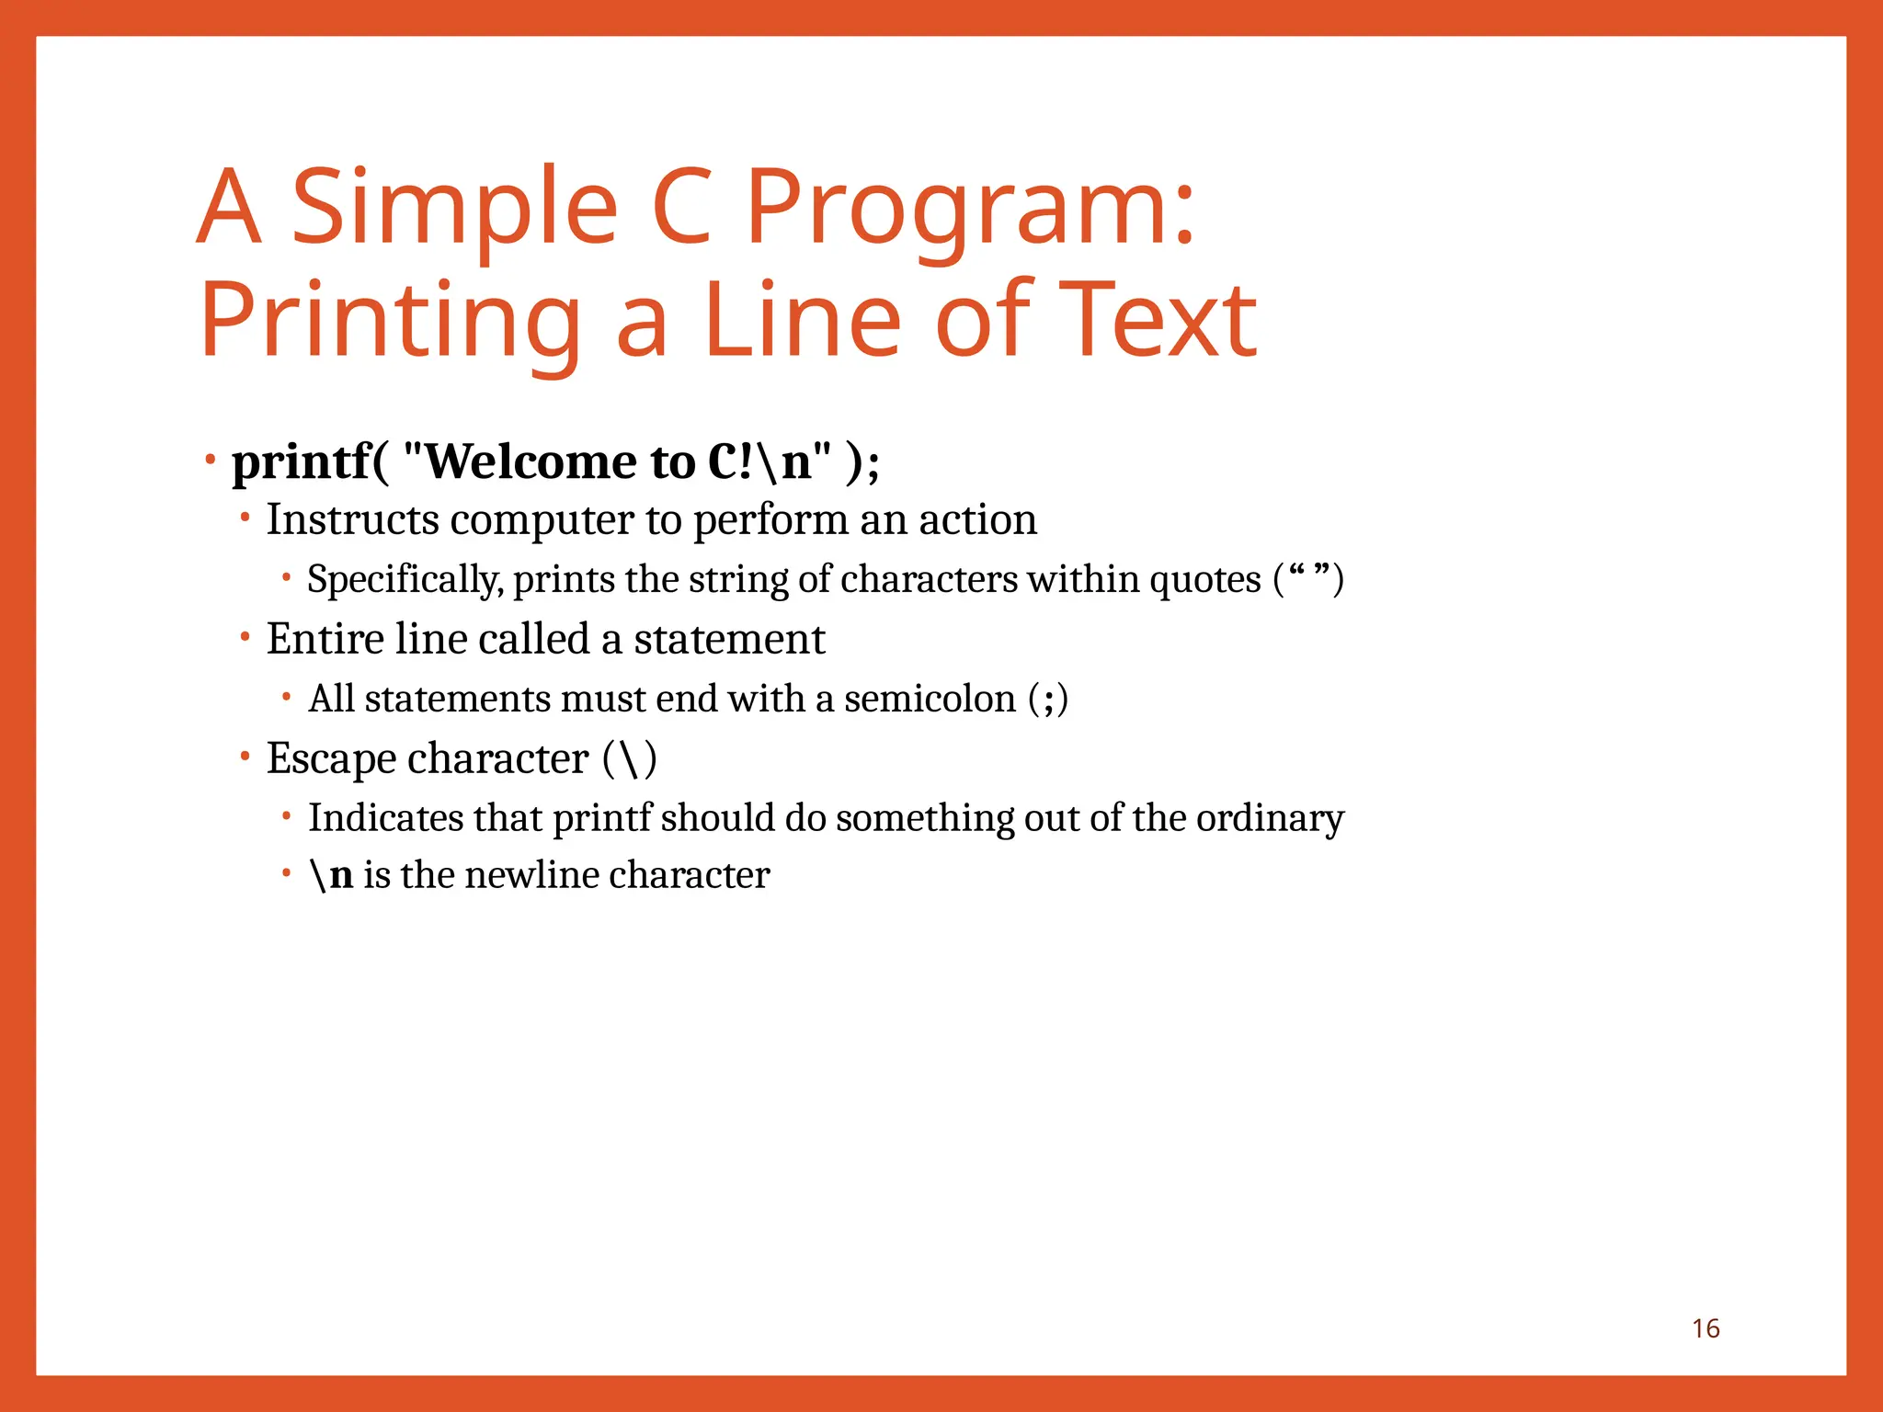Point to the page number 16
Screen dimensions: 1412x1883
[x=1706, y=1328]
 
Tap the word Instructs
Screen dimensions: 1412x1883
[x=353, y=520]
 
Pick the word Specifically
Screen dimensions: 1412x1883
[x=405, y=580]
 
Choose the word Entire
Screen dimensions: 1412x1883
[x=324, y=639]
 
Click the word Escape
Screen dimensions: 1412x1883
[x=331, y=759]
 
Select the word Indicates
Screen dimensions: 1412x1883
[x=385, y=818]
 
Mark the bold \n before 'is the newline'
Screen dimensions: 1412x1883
[x=332, y=875]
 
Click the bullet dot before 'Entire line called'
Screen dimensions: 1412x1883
[x=245, y=636]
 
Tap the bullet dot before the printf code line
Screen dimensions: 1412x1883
[x=211, y=458]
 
